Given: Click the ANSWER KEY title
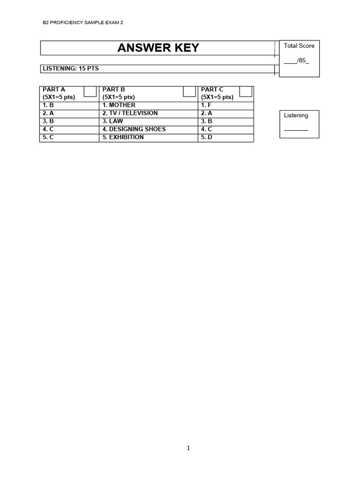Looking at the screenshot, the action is pos(158,48).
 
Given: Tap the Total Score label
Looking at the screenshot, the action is pos(299,46).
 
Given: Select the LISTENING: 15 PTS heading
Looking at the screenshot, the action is pos(71,68).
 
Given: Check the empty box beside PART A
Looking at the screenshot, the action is pos(90,90).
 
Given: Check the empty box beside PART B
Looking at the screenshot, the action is pos(189,90).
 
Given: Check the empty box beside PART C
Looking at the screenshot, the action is pos(246,90).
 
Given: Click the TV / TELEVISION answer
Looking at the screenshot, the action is pos(130,113).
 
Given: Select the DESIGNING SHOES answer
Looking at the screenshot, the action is pos(134,129).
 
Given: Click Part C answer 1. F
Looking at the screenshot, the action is pos(206,105).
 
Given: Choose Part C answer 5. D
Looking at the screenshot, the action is pos(207,137).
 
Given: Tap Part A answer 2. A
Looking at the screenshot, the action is pos(48,113).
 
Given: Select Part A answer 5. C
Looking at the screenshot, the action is pos(48,137).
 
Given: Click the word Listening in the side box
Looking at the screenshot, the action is pos(296,115).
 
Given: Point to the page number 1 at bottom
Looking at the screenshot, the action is pos(188,448).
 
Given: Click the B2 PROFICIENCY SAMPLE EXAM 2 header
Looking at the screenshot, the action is pos(83,22).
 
